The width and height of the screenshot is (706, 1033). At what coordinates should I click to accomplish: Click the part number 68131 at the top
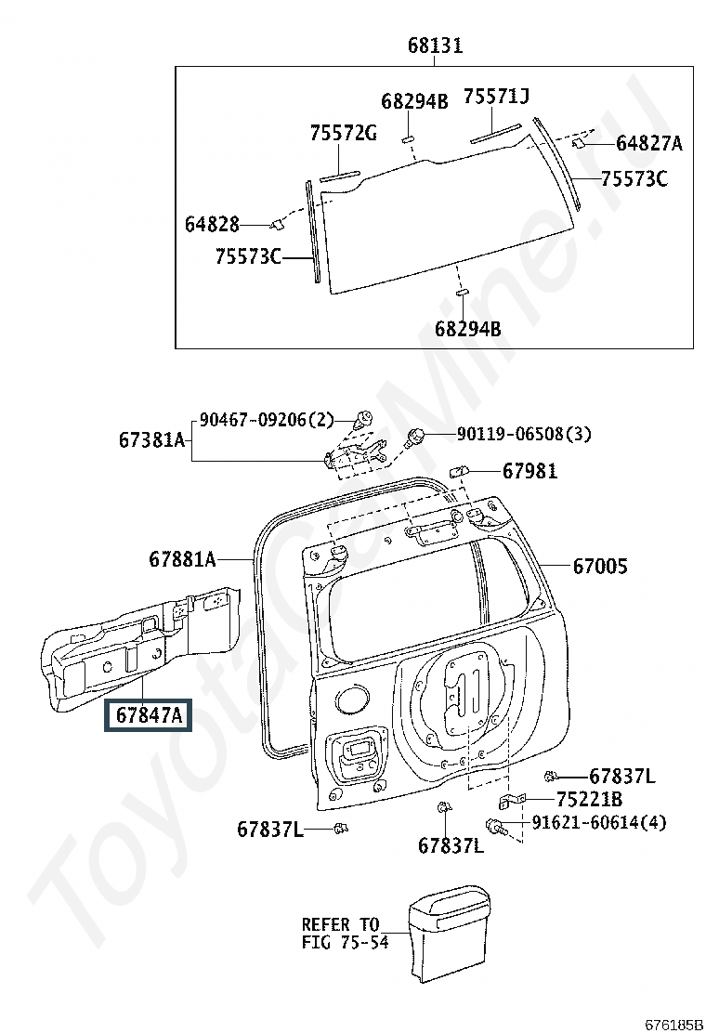436,46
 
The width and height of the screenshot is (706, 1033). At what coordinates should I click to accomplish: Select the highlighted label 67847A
147,714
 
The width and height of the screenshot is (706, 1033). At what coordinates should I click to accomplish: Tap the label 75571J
496,97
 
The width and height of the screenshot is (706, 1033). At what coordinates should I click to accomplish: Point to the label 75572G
343,133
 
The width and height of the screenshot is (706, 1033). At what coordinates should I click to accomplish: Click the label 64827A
648,143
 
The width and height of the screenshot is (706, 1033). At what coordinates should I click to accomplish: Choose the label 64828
212,224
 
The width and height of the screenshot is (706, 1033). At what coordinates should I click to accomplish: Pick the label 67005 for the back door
600,566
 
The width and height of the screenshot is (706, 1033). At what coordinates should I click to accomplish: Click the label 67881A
182,559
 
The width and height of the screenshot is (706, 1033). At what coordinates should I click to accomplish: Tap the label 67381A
152,439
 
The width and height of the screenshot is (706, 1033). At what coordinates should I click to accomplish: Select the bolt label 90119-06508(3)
524,434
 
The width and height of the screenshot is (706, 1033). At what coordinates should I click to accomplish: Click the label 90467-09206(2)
267,420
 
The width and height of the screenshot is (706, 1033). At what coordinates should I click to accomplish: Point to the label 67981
529,471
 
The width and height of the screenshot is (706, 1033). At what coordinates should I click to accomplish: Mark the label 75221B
589,799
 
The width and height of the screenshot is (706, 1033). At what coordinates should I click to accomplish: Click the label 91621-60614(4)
598,822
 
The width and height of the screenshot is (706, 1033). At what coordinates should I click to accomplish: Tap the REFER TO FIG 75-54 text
345,933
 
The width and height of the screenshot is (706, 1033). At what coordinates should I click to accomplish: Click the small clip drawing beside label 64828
276,225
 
